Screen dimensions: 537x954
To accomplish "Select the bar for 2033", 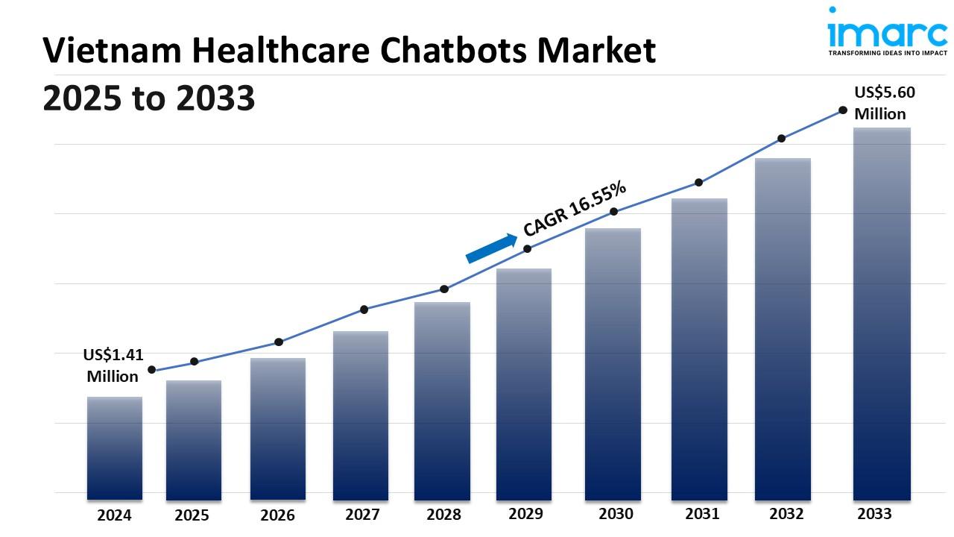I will tap(882, 313).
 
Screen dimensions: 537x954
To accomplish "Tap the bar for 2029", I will tap(524, 384).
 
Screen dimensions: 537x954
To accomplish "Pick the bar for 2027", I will tap(361, 415).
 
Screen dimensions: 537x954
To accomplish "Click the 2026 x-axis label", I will tap(277, 515).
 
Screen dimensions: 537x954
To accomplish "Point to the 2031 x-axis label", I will tap(702, 514).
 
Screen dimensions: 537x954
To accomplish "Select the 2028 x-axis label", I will tap(443, 515).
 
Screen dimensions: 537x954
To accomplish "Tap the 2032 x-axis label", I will tap(786, 514).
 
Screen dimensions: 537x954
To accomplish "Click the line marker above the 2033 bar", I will tap(843, 110).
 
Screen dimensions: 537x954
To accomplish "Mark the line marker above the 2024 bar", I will tap(152, 370).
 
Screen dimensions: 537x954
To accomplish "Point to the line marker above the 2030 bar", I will tap(614, 212).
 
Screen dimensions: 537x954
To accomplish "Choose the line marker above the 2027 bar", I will tap(364, 310).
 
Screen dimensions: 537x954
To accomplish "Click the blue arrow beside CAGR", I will tap(491, 248).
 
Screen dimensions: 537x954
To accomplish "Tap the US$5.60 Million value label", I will tap(884, 103).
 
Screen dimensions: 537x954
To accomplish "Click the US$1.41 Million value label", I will tap(113, 365).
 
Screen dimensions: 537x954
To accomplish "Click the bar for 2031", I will tap(699, 349).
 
